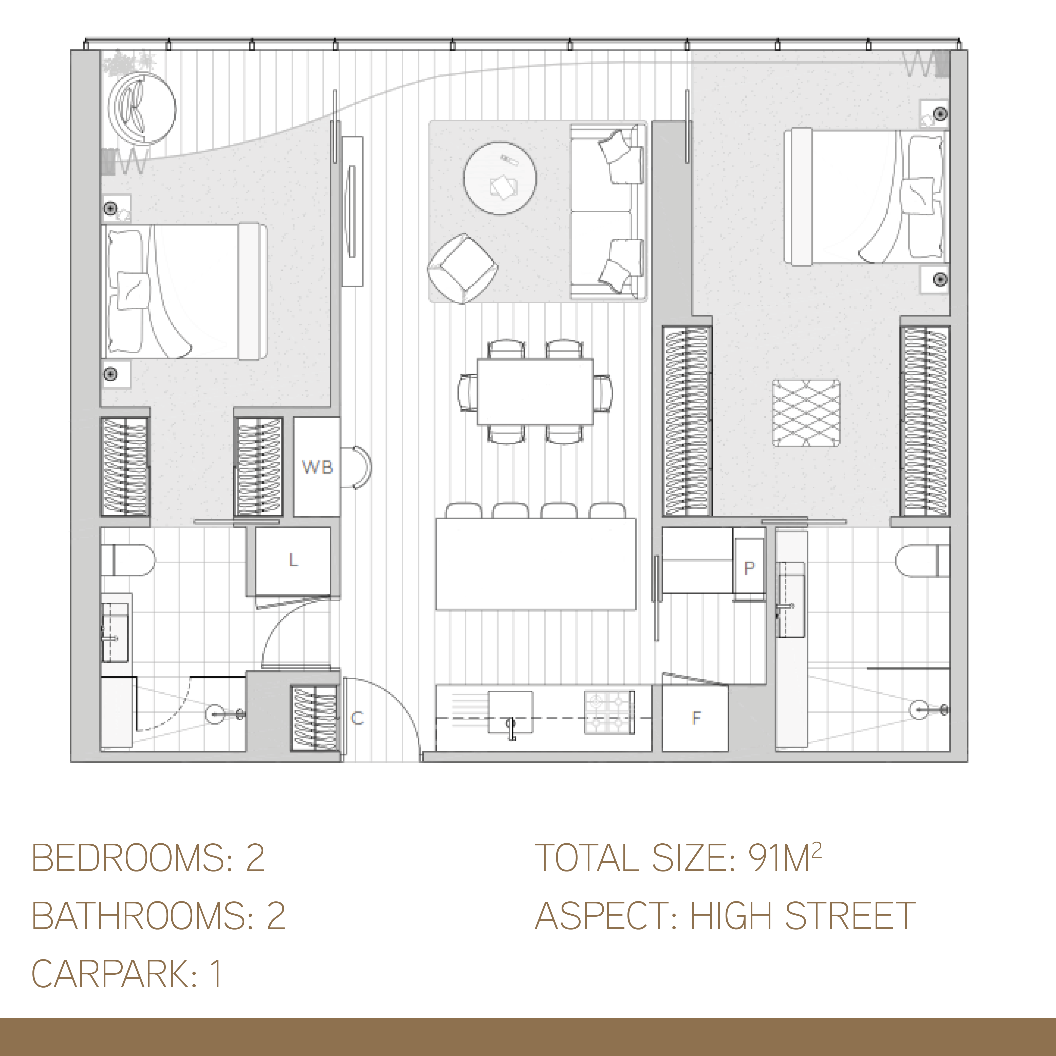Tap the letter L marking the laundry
[293, 560]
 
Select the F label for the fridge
[696, 718]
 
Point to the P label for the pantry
[749, 568]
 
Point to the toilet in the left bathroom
[128, 559]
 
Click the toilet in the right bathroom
[923, 560]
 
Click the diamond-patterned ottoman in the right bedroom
[806, 413]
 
